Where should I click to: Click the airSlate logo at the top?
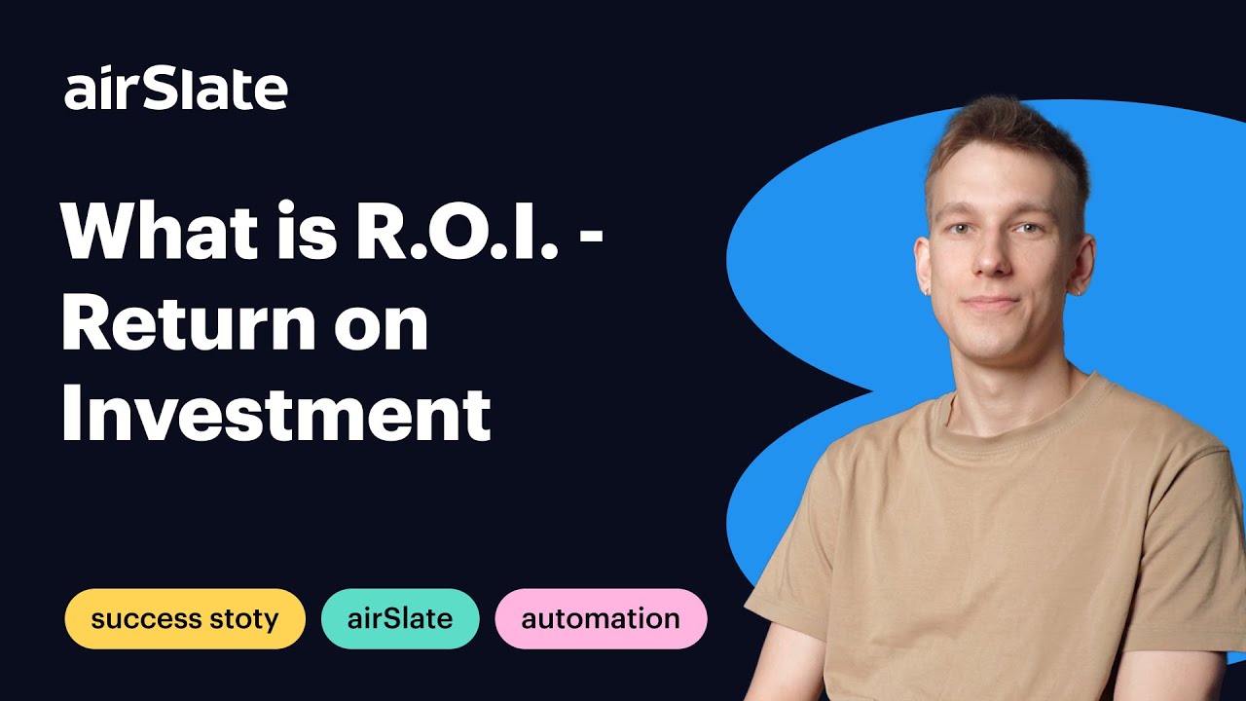click(176, 90)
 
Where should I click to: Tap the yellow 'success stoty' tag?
click(185, 618)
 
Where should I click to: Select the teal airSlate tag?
click(400, 618)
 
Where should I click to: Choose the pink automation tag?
click(601, 618)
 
